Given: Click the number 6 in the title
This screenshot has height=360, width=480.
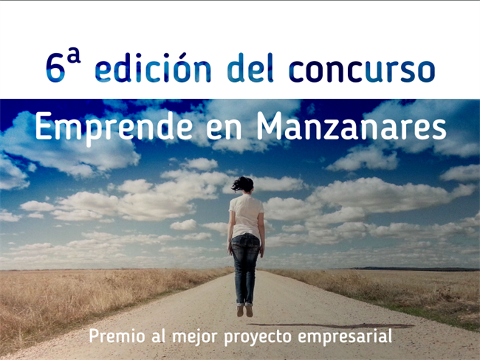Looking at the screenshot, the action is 55,69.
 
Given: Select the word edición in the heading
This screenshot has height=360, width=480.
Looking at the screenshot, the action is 153,67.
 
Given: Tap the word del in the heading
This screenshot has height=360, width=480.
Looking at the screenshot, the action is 250,67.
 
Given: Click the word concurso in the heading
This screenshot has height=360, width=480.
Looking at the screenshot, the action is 362,71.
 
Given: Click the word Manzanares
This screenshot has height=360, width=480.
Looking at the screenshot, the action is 352,125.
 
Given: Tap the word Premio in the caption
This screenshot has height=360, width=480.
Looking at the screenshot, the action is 117,336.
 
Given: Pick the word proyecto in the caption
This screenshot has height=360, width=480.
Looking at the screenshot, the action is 258,338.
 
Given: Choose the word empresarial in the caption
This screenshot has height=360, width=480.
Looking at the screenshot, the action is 345,337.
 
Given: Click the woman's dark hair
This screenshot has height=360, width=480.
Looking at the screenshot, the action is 244,184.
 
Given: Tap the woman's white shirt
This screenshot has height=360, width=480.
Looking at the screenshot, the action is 247,215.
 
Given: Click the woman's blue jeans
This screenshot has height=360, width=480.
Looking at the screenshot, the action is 245,269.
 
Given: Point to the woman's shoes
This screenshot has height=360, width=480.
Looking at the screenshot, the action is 245,311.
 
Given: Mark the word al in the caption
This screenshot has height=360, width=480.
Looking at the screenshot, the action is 159,336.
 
